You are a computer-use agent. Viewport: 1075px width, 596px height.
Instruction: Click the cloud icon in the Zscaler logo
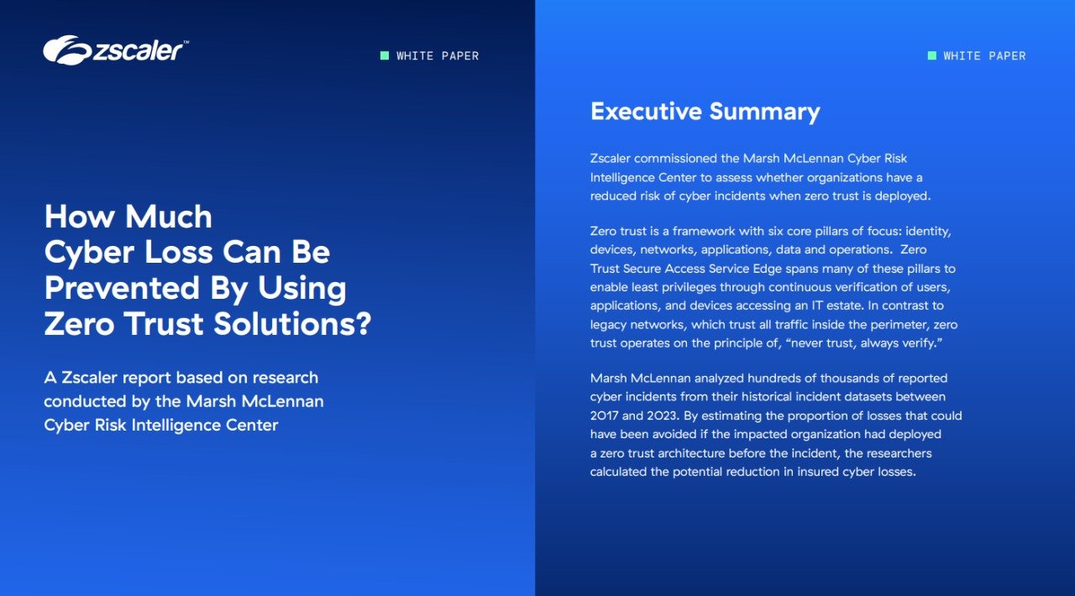pos(67,50)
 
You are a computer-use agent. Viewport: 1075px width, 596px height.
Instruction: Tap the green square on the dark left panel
pos(385,55)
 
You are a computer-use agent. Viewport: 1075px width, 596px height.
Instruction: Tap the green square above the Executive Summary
pos(932,55)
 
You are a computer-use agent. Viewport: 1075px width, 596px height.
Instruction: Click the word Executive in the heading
pos(646,112)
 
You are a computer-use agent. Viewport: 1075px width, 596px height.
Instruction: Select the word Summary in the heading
pos(764,112)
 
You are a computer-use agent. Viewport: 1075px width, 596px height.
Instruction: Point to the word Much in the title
pos(169,217)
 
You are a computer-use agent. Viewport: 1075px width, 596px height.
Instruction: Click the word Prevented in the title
pos(122,288)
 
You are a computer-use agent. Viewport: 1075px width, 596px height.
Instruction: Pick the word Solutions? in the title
pos(292,323)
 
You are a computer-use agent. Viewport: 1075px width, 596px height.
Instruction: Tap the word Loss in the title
pos(178,252)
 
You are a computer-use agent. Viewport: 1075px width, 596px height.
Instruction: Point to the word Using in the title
pos(302,289)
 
